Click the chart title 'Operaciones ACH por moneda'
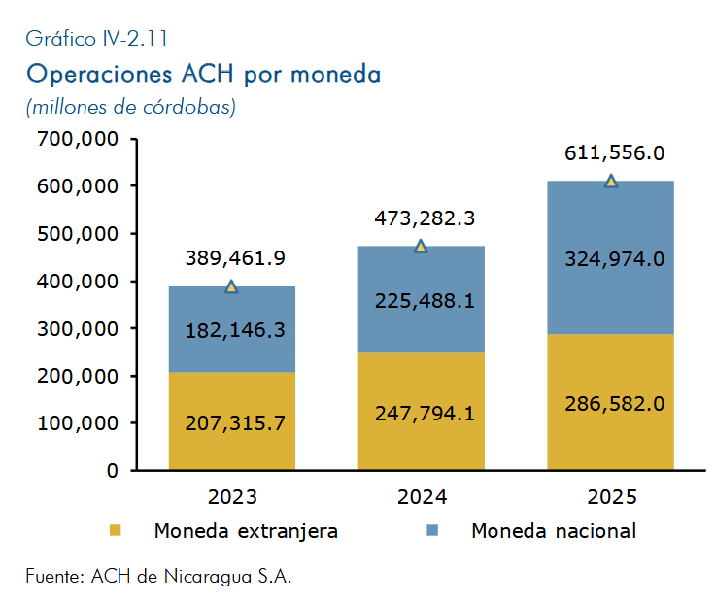(203, 75)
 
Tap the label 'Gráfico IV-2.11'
(97, 38)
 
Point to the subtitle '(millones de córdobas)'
(131, 107)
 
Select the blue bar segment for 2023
(232, 329)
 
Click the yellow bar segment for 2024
(422, 411)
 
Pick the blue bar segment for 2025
(611, 257)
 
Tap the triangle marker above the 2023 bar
(231, 286)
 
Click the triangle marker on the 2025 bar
(611, 181)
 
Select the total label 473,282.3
(425, 218)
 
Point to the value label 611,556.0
(614, 152)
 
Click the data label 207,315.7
(235, 423)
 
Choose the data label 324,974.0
(614, 259)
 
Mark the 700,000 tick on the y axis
(78, 139)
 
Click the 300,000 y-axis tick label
(78, 328)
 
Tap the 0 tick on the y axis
(112, 470)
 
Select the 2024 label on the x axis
(422, 497)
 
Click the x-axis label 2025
(611, 497)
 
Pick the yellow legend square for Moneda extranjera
(115, 530)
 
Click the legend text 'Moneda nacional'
(554, 531)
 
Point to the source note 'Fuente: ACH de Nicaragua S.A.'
(158, 576)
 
